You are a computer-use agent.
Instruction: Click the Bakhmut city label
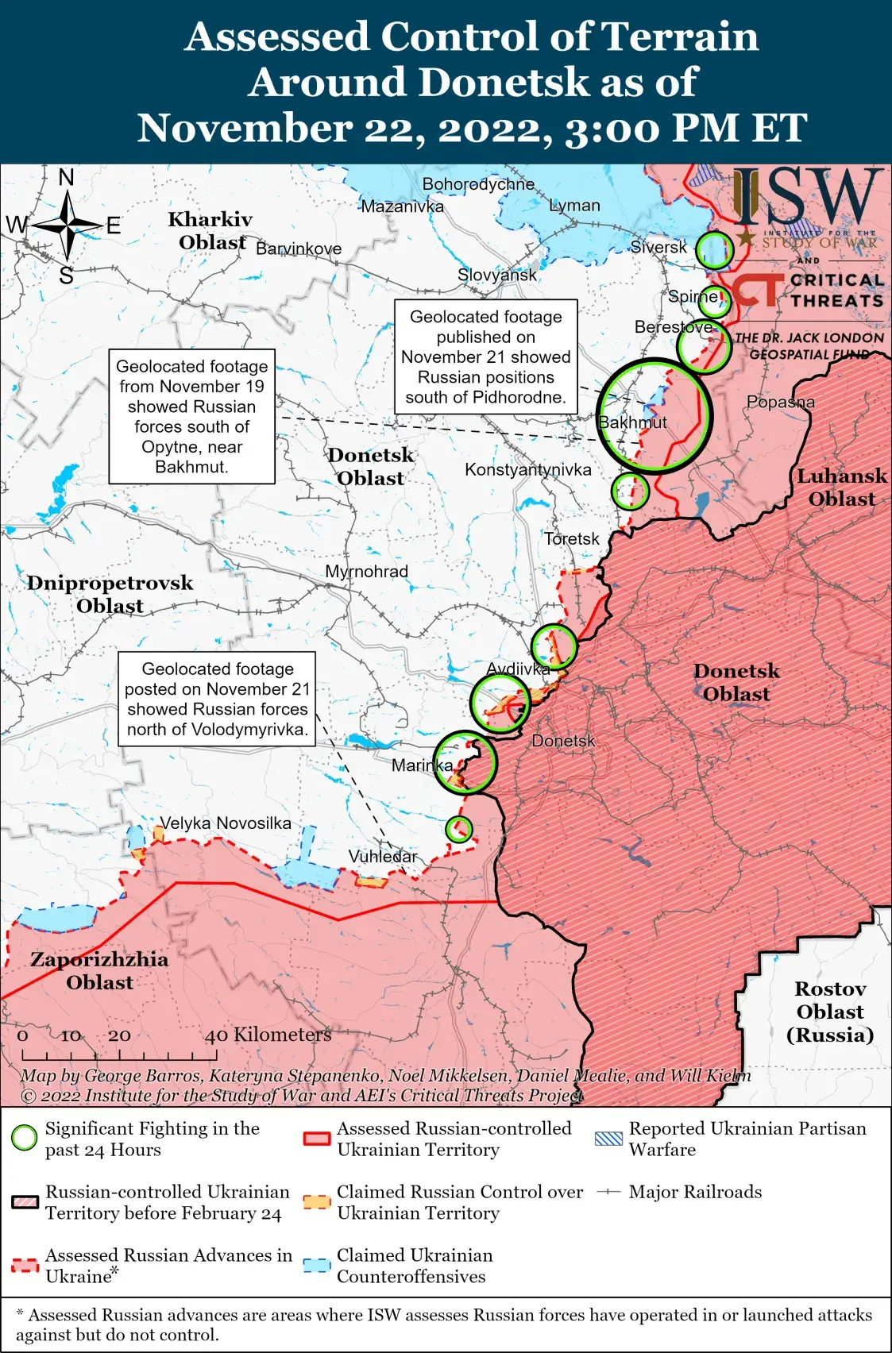pyautogui.click(x=632, y=422)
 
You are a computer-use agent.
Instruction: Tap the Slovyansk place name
pyautogui.click(x=497, y=275)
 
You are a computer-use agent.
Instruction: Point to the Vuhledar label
pyautogui.click(x=383, y=856)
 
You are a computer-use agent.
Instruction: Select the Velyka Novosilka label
pyautogui.click(x=226, y=823)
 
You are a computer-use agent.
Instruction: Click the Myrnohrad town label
pyautogui.click(x=366, y=572)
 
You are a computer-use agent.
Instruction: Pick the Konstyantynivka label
pyautogui.click(x=528, y=469)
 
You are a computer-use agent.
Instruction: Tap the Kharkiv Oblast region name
pyautogui.click(x=211, y=230)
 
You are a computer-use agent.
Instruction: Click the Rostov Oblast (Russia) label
pyautogui.click(x=830, y=1012)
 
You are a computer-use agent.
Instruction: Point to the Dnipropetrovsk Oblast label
pyautogui.click(x=110, y=594)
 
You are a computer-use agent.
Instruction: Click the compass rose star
pyautogui.click(x=67, y=226)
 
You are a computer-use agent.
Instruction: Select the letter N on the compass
pyautogui.click(x=67, y=178)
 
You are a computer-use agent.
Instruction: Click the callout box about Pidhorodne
pyautogui.click(x=486, y=357)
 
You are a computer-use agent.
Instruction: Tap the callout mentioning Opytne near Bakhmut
pyautogui.click(x=191, y=416)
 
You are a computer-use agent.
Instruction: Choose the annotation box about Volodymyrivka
pyautogui.click(x=217, y=699)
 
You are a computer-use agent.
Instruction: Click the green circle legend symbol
pyautogui.click(x=25, y=1139)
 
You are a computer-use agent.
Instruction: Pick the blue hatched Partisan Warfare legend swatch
pyautogui.click(x=608, y=1139)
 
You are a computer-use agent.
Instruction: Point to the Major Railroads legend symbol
pyautogui.click(x=608, y=1192)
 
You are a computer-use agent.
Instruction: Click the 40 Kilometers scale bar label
pyautogui.click(x=268, y=1035)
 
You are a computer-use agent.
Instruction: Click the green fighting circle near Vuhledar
pyautogui.click(x=458, y=829)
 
